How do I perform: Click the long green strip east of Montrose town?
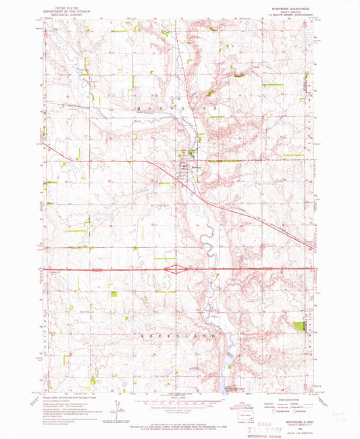(220, 161)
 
